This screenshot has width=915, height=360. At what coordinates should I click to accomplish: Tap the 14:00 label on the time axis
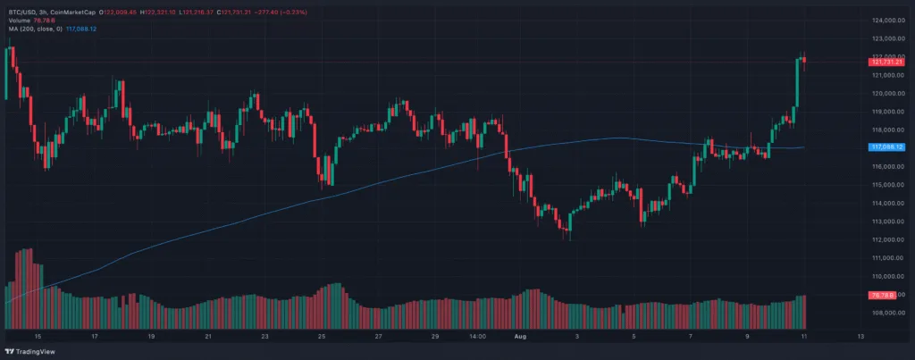coord(477,338)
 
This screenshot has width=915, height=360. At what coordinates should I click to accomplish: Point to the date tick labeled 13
coord(860,338)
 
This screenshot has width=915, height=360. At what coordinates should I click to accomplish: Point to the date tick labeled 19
coord(151,338)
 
